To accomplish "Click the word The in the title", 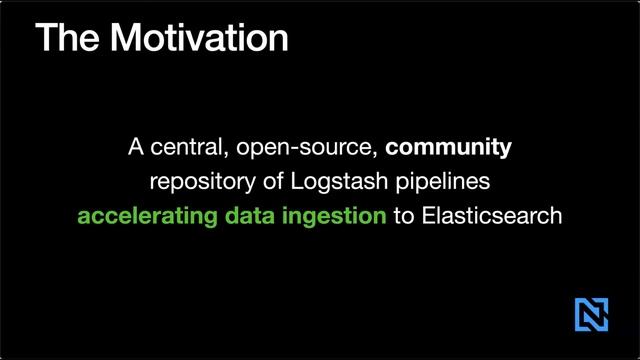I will click(x=65, y=37).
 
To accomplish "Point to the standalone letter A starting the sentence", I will click(x=136, y=148).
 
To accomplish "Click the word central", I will click(x=184, y=148).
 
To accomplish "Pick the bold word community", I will click(x=448, y=149).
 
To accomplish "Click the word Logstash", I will click(x=318, y=182).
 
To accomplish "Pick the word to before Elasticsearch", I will click(x=403, y=215).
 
